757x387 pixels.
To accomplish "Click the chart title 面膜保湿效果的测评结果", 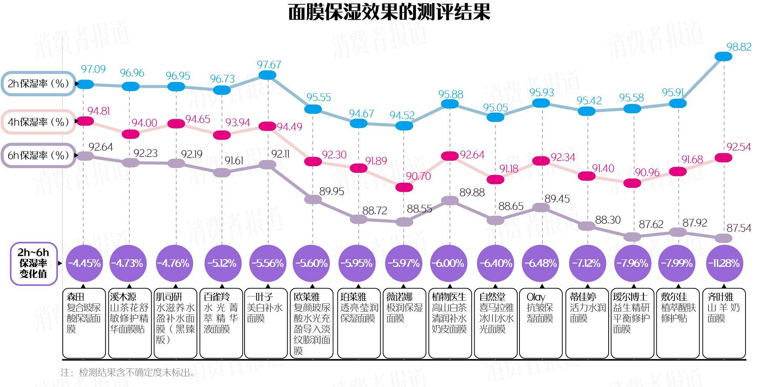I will click(389, 13).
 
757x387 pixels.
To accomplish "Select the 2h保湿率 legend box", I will click(38, 84).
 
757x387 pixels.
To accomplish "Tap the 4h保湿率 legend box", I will click(38, 122).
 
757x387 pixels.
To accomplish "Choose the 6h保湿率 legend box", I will click(38, 155).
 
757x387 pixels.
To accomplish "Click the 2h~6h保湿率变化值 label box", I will click(33, 263).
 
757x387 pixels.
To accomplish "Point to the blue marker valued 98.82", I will click(723, 56).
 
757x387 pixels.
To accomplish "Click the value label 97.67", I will click(269, 65).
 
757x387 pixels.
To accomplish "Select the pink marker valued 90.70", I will click(404, 187).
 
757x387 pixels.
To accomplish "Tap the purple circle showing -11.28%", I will click(724, 263).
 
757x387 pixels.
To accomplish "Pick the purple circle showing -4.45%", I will click(84, 263).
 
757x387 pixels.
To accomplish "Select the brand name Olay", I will click(536, 297).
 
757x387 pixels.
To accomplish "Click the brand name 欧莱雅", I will click(306, 297).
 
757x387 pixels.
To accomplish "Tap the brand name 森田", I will click(76, 297).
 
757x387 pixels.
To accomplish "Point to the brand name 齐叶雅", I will click(720, 297).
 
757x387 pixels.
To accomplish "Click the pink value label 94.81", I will click(98, 111).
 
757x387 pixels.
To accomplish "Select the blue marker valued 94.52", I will click(404, 126).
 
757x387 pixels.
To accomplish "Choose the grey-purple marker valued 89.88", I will click(450, 200).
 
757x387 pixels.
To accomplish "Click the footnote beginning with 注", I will click(128, 372).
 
